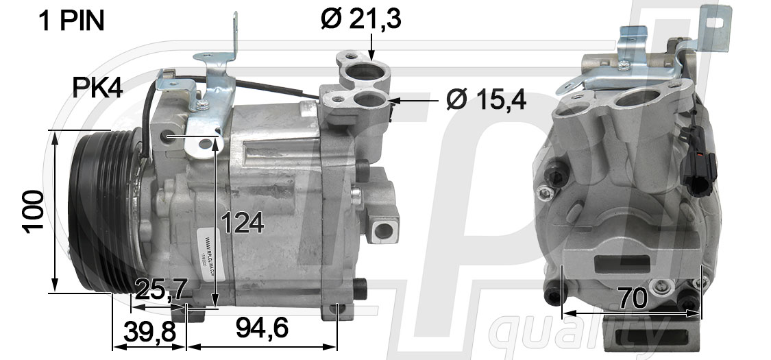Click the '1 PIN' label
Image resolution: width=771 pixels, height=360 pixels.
72,22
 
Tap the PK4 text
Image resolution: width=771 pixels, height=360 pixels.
97,88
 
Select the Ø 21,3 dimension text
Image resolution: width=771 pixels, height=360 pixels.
360,19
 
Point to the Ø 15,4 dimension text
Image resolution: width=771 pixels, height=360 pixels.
486,100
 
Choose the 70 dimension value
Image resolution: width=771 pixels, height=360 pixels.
633,299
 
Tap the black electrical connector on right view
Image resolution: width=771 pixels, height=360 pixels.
700,168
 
